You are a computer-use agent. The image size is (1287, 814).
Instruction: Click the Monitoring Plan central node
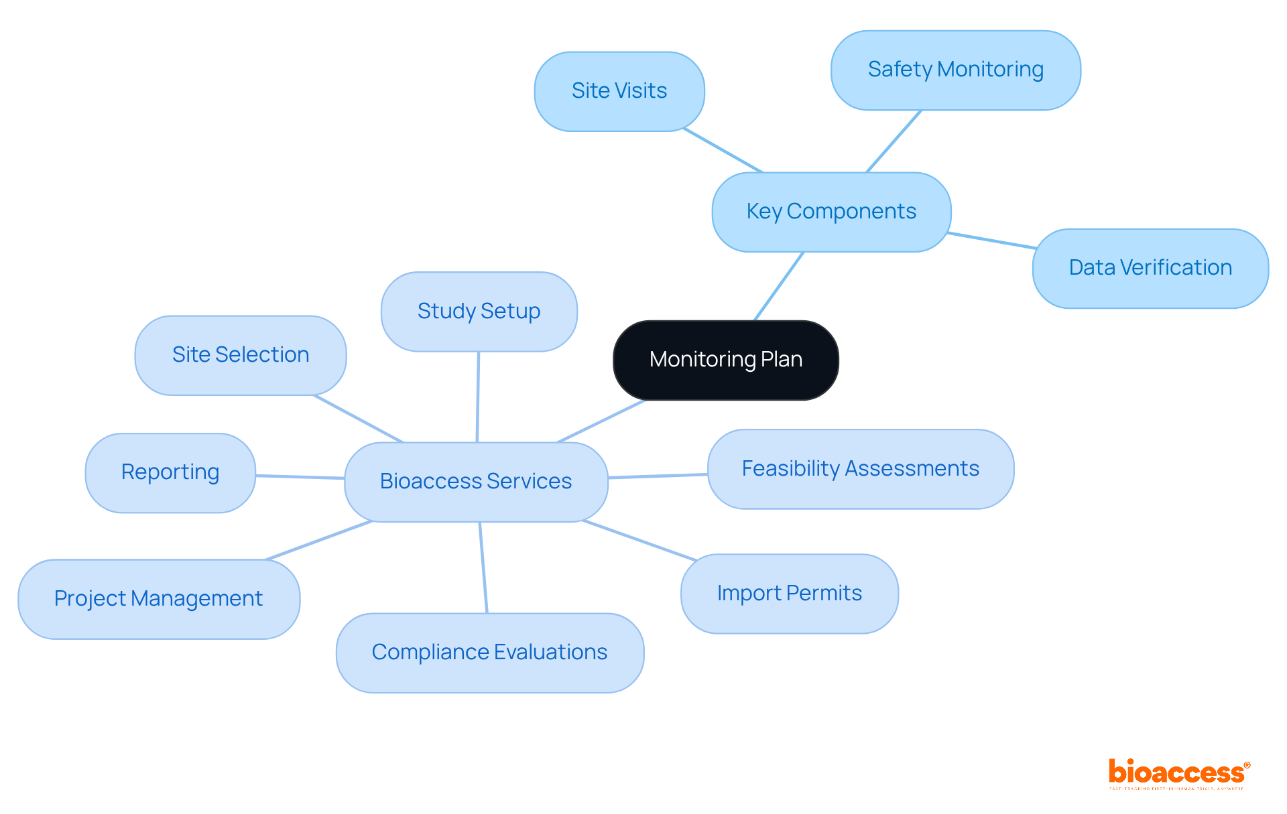[x=725, y=360]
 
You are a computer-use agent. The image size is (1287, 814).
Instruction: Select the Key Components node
[x=831, y=212]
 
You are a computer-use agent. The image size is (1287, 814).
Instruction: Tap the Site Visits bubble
[x=619, y=91]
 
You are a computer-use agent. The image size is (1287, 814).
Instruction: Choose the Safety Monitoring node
[x=955, y=70]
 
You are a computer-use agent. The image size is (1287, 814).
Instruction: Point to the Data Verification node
[x=1150, y=268]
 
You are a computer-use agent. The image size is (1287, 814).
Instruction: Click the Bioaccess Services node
[x=476, y=482]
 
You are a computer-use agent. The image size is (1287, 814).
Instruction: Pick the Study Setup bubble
[x=479, y=312]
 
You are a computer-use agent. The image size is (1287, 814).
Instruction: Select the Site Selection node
[x=240, y=355]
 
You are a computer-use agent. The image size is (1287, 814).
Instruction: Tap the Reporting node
[x=170, y=472]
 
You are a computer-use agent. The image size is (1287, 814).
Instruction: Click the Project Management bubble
[x=158, y=599]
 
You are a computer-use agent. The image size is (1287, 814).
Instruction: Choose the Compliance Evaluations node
[x=489, y=653]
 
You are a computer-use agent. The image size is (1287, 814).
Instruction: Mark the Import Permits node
[x=789, y=594]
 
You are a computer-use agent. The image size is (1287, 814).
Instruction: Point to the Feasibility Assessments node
[x=860, y=469]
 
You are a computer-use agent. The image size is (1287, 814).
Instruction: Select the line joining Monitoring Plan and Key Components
[x=779, y=286]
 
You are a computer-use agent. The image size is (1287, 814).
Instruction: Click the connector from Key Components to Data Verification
[x=992, y=241]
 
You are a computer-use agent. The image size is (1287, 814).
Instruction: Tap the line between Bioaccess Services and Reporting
[x=300, y=477]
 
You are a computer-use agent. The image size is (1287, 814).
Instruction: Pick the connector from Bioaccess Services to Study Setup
[x=478, y=397]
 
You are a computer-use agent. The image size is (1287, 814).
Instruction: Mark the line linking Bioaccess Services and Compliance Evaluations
[x=483, y=567]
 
